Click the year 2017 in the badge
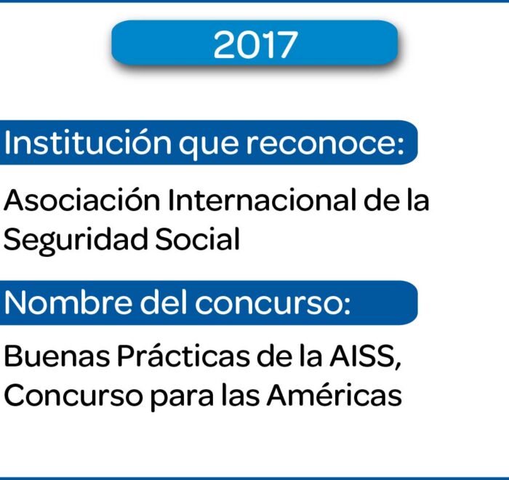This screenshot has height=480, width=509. (255, 44)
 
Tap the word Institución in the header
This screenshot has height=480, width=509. (88, 143)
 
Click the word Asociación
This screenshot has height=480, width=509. (81, 199)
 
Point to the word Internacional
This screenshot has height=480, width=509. (262, 200)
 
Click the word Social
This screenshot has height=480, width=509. (197, 239)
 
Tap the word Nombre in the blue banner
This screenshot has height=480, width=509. (68, 303)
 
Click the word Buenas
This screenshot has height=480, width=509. (57, 356)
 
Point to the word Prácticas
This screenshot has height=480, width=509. (184, 355)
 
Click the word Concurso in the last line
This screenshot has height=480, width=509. (73, 395)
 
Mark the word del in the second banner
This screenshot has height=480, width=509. (164, 303)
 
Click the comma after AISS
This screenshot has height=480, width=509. (398, 365)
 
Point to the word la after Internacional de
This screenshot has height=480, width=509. (418, 200)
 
